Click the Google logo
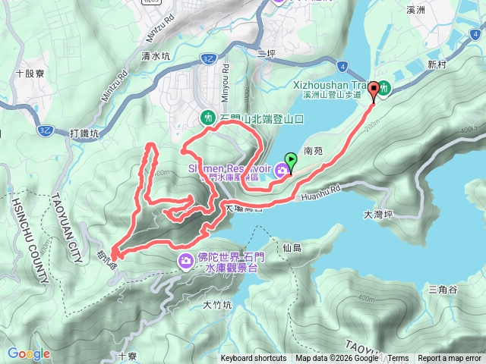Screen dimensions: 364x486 [x=28, y=353]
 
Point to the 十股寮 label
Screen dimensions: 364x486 [x=30, y=74]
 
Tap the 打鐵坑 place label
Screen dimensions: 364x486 [x=84, y=134]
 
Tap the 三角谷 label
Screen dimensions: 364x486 [x=443, y=290]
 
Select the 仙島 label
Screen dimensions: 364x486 [x=292, y=248]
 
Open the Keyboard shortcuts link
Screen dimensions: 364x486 [x=254, y=359]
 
